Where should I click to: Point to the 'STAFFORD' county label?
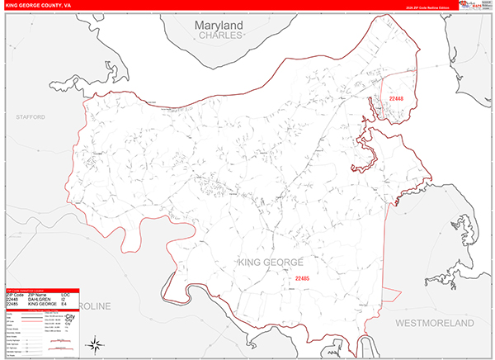[x=30, y=118]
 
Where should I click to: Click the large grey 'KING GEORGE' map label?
[x=271, y=263]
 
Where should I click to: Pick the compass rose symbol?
[x=96, y=343]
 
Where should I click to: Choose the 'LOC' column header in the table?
[x=66, y=294]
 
